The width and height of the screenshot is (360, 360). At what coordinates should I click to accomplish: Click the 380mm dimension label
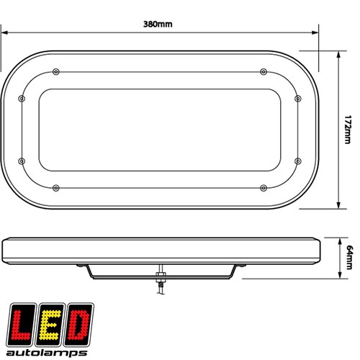point(158,24)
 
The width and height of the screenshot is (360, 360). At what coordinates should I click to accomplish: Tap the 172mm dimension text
point(348,130)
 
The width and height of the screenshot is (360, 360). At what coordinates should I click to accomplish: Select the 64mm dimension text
point(350,257)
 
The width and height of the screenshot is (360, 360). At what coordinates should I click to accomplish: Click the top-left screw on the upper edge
point(56,72)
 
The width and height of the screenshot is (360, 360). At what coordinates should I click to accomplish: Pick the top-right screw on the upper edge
point(264,72)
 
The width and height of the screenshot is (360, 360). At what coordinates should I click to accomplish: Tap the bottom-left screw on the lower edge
point(56,188)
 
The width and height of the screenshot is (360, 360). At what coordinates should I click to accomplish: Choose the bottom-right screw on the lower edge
point(264,188)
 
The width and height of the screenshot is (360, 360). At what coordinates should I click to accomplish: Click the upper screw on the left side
point(22,99)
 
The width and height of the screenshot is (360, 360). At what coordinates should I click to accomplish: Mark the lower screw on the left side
point(22,161)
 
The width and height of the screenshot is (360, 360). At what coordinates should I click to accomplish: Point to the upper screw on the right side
point(298,99)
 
